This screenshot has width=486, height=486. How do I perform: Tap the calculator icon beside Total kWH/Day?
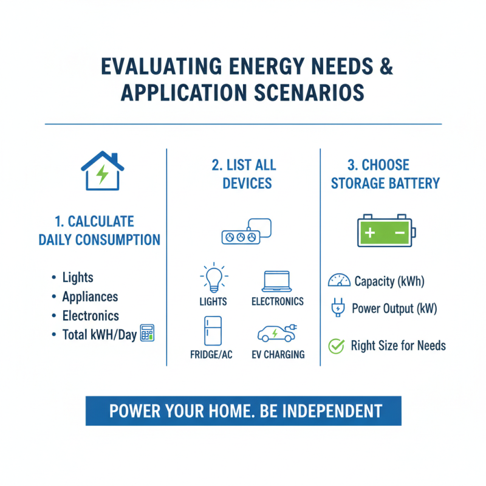[146, 334]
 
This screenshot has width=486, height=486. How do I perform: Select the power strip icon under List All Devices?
[245, 231]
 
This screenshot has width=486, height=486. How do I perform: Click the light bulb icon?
[213, 279]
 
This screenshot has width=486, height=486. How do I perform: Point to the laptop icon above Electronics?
[277, 281]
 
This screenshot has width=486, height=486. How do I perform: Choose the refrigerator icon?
[213, 331]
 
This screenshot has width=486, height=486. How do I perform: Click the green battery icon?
[384, 231]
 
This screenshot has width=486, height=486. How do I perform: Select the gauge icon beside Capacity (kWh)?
[339, 281]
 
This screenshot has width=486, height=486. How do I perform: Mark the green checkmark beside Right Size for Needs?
[336, 346]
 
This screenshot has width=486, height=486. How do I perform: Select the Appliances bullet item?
[90, 296]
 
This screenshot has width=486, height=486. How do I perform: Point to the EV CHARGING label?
[278, 355]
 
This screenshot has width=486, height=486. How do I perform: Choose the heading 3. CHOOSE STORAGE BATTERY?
[385, 174]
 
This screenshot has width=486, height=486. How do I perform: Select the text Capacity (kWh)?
[389, 281]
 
